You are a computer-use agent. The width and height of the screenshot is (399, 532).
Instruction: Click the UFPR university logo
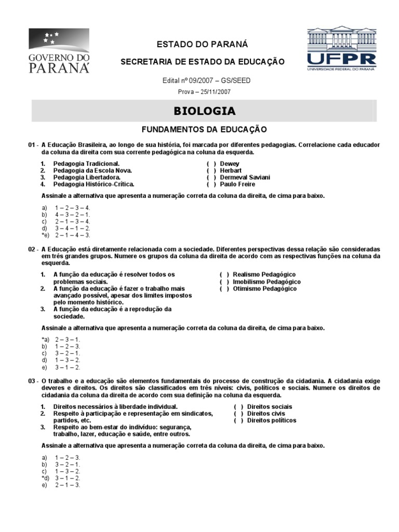341,48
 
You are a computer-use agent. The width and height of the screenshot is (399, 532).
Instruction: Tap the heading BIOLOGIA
204,111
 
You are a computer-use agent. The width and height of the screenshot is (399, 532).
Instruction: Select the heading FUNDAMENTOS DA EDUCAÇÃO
204,128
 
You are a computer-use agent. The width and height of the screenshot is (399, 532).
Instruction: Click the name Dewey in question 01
230,163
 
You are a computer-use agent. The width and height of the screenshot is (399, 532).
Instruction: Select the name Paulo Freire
238,184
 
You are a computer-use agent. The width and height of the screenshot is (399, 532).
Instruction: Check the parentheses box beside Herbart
211,170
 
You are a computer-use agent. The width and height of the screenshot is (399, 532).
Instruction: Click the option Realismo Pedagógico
264,274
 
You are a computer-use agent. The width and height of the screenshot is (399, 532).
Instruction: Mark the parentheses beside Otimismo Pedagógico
224,289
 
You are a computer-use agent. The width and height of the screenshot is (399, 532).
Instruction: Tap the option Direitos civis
267,414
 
